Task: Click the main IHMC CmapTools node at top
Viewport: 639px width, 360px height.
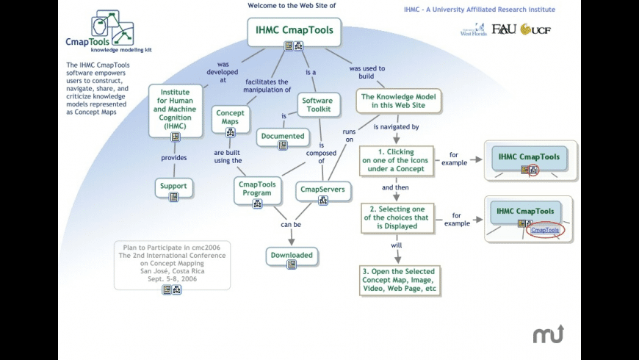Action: point(294,31)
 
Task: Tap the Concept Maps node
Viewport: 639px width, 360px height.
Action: point(230,117)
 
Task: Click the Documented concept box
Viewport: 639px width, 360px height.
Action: point(283,136)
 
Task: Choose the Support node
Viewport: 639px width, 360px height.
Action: point(173,186)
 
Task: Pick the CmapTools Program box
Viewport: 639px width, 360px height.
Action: point(257,188)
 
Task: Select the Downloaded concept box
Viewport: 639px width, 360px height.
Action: point(292,255)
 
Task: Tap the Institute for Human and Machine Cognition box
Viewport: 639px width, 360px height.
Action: point(175,109)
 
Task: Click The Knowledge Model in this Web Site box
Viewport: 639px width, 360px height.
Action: point(399,101)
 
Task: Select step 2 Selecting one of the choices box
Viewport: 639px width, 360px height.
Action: point(400,217)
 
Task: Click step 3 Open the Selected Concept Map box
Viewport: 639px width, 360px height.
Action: point(400,280)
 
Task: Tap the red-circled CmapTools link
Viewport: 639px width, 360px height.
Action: point(545,230)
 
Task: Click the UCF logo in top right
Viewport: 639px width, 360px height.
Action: point(535,29)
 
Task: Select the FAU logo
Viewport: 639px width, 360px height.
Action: point(504,29)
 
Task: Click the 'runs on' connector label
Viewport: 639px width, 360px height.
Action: point(349,135)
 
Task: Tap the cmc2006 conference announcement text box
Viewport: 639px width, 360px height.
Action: point(170,262)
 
